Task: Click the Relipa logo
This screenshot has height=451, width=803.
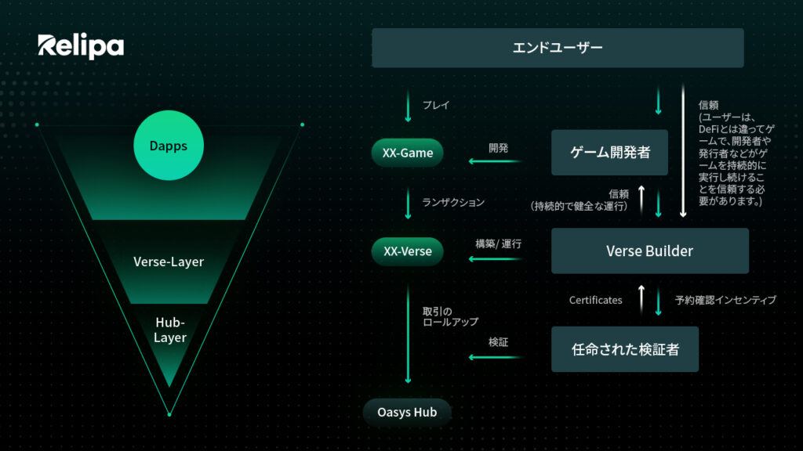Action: coord(81,46)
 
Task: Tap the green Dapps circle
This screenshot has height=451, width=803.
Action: coord(169,145)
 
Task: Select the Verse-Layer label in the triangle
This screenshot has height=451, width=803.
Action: coord(169,262)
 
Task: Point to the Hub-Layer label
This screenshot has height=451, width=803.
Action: coord(170,330)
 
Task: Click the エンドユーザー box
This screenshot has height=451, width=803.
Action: coord(558,48)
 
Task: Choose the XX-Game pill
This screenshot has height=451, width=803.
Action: coord(407,153)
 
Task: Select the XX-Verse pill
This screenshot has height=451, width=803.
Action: coord(407,251)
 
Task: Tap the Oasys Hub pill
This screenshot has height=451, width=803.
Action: coord(407,412)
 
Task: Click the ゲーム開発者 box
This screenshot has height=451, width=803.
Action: coord(609,153)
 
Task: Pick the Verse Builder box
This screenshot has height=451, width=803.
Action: coord(650,251)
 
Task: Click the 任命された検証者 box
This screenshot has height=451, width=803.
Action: coord(625,349)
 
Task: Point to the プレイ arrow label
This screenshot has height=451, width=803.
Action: coord(436,105)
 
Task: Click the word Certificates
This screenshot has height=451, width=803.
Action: coord(596,300)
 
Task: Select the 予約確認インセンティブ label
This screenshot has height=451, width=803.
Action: coord(725,300)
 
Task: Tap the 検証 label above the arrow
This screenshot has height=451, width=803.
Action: coord(498,342)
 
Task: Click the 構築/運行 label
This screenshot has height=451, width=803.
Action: coord(498,244)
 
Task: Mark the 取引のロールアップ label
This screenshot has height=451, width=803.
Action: coord(450,316)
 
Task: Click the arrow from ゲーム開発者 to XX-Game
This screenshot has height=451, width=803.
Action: coord(496,161)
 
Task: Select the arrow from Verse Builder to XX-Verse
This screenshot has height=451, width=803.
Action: coord(496,259)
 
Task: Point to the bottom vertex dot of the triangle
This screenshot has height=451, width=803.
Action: coord(169,414)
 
